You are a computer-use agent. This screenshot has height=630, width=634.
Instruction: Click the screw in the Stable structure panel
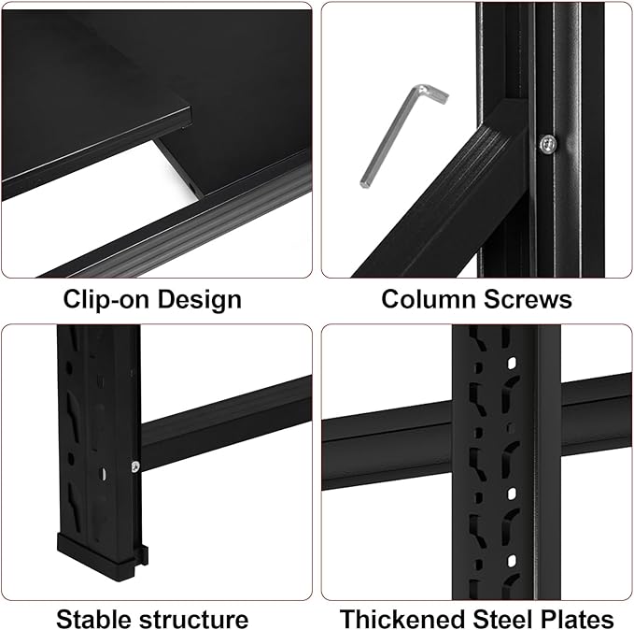[x=135, y=466]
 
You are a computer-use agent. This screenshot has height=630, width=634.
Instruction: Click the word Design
[x=197, y=300]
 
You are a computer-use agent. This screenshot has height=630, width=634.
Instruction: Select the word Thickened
[x=401, y=619]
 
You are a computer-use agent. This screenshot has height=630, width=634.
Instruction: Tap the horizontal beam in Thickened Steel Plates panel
[x=392, y=449]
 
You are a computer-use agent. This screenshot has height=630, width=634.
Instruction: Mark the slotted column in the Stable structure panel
[x=93, y=421]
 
